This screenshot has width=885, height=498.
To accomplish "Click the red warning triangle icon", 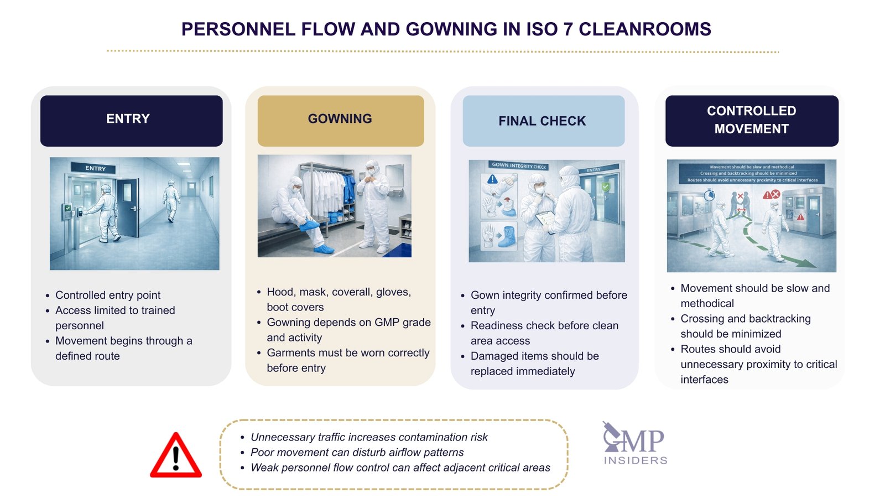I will coord(176,456).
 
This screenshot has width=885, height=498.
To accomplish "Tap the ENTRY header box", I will coord(131,120).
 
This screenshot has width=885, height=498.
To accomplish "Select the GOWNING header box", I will coord(340,120).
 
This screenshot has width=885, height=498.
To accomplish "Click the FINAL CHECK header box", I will coord(543,121).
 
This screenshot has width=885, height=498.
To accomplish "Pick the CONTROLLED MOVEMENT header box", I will coord(751,120).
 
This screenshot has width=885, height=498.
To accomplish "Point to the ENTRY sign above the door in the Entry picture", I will coord(95,168).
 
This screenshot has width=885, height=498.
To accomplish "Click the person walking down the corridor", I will coord(171,200).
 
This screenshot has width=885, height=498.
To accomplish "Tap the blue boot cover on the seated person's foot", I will coord(309,225).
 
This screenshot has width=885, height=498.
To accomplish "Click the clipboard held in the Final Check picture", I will coord(545,219).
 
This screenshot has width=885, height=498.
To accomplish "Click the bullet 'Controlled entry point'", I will coord(108,295).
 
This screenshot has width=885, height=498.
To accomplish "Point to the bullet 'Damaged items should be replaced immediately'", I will coord(534,364).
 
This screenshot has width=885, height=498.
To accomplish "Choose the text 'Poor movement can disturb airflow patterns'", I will coord(357,452).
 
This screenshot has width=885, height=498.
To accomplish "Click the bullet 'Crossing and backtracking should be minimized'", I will coord(745,326).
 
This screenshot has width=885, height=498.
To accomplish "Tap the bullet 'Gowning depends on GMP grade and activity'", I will coord(348,330).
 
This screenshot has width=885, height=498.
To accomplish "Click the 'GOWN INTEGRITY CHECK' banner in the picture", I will coord(519,165).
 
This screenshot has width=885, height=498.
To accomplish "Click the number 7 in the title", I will coord(568,29).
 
